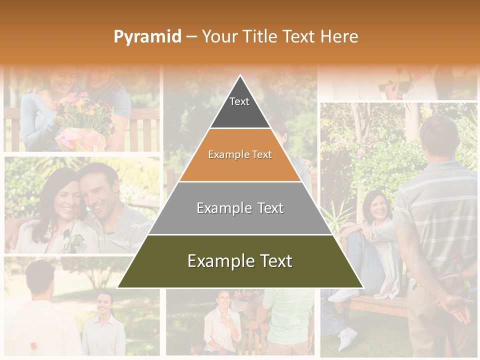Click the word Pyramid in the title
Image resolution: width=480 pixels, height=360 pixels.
pyautogui.click(x=147, y=37)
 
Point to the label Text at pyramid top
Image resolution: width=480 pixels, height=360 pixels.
pyautogui.click(x=239, y=101)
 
